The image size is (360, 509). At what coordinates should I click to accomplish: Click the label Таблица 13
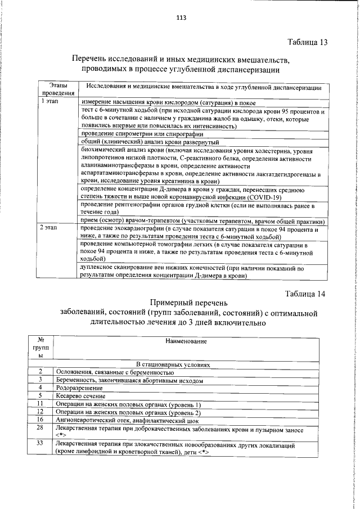click(307, 42)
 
